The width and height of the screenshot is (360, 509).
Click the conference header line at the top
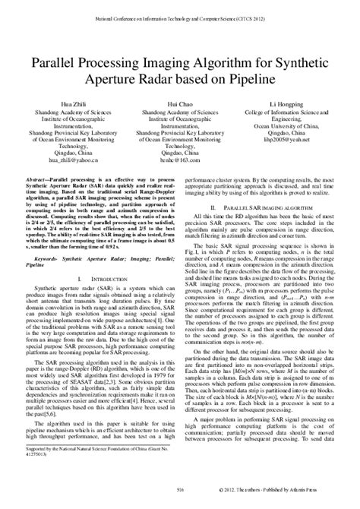(x=180, y=14)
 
